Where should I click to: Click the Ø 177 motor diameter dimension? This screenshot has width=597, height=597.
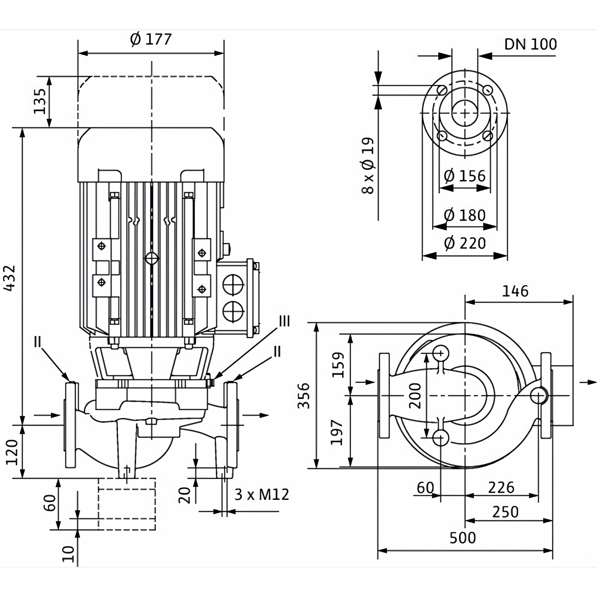[x=151, y=39]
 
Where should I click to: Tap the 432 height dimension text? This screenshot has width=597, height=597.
[x=10, y=278]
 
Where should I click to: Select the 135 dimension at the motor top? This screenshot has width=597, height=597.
[x=40, y=101]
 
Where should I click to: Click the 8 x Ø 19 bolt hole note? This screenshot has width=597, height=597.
[x=368, y=166]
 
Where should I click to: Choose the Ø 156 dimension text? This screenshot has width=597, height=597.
[x=465, y=176]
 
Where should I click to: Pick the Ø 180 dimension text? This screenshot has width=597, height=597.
[x=465, y=215]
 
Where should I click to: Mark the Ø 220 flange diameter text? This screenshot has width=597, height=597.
[x=465, y=243]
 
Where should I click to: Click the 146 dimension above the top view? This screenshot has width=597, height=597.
[x=515, y=291]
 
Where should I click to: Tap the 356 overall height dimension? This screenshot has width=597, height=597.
[x=304, y=396]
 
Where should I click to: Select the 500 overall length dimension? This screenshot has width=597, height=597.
[x=463, y=538]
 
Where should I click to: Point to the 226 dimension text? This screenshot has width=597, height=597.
[x=501, y=488]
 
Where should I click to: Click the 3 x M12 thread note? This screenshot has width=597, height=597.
[x=262, y=495]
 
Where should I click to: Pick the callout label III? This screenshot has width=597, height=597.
[x=284, y=322]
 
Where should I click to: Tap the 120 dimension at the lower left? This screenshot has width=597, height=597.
[x=12, y=452]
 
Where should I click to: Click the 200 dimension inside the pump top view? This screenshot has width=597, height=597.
[x=415, y=396]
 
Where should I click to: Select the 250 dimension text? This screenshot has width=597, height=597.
[x=505, y=512]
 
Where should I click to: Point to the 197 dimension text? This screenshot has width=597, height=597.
[x=337, y=432]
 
